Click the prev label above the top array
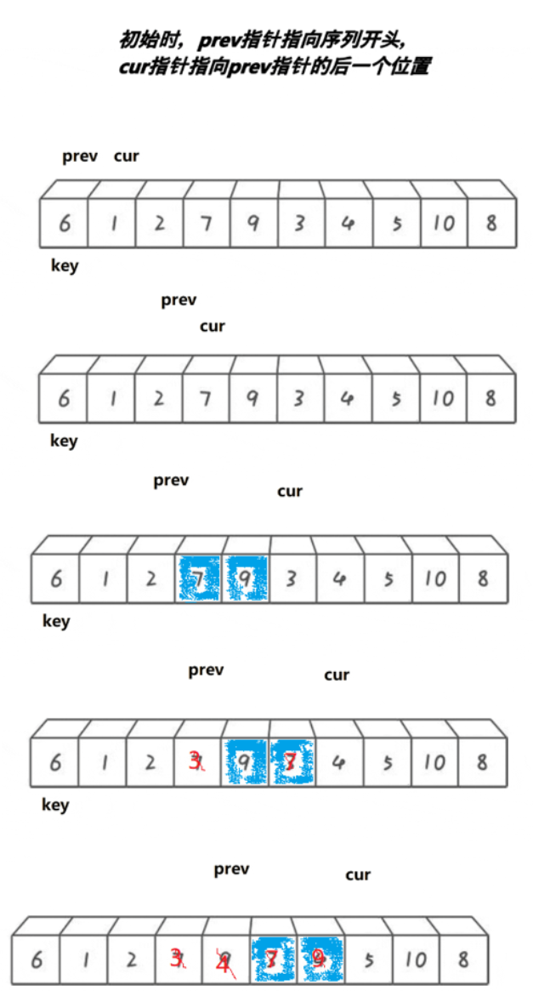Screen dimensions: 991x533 point(79,157)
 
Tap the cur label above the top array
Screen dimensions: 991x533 point(126,157)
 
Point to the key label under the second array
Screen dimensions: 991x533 point(64,441)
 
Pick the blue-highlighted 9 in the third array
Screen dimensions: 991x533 point(245,578)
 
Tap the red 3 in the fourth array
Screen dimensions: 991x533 point(196,761)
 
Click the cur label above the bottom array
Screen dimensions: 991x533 point(358,875)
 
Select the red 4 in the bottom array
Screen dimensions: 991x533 point(224,961)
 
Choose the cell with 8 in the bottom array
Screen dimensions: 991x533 point(462,960)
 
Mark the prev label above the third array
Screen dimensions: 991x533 point(171,481)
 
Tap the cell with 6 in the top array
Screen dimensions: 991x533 point(64,224)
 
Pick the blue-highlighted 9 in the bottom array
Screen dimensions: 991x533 point(319,960)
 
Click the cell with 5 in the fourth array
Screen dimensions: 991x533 point(388,761)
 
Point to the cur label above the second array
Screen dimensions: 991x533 point(213,327)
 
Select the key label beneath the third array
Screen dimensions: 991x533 point(56,621)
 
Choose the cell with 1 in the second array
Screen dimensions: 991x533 point(111,398)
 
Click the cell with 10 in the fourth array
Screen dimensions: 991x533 point(434,761)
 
